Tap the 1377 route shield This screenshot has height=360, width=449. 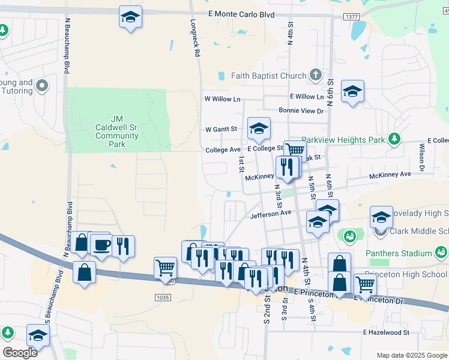click(x=352, y=17)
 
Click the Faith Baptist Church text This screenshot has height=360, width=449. click(x=269, y=76)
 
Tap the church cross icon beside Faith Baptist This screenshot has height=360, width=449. click(x=316, y=76)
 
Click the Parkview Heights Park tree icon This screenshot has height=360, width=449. click(x=394, y=139)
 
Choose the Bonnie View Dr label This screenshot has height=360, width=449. click(x=301, y=110)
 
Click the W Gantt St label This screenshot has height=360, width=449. click(x=221, y=129)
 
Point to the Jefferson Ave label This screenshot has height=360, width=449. click(x=271, y=213)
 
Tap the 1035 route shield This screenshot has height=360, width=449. click(x=161, y=296)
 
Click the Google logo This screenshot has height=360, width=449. click(x=20, y=352)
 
